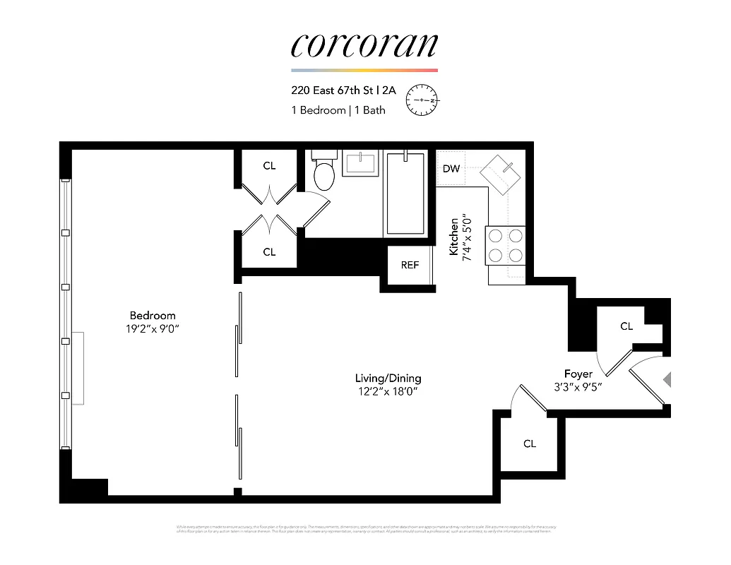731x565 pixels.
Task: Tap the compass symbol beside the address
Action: (422, 100)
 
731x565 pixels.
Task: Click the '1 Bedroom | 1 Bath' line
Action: (338, 110)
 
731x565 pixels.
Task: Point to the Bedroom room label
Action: (153, 315)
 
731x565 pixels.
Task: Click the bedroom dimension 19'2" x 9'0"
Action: (153, 328)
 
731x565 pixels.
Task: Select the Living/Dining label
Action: (388, 378)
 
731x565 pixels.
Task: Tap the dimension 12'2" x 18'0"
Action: (388, 392)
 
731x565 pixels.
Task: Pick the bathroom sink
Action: (361, 163)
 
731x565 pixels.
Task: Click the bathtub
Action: (405, 194)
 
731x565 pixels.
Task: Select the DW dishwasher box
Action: (451, 169)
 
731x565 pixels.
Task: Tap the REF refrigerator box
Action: (410, 265)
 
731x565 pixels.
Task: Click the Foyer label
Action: (578, 374)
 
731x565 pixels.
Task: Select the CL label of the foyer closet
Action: (626, 326)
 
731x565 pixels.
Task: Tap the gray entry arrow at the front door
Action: (667, 380)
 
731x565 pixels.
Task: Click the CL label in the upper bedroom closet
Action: (269, 166)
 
